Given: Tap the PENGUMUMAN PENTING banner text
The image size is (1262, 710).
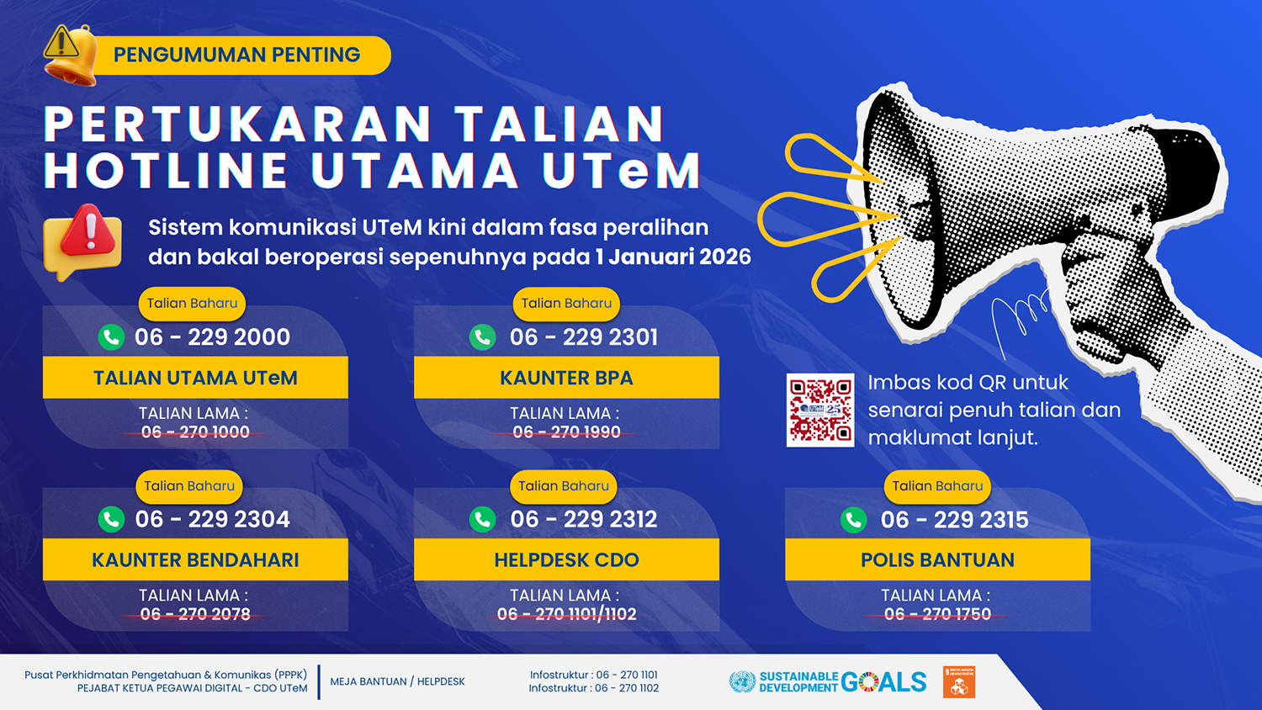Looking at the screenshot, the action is [x=236, y=55].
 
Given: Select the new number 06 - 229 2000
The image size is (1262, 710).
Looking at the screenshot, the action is [x=212, y=337].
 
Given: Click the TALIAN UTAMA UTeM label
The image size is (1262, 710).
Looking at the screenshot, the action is [x=195, y=378].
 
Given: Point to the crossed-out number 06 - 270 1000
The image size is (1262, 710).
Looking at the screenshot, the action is [x=195, y=432].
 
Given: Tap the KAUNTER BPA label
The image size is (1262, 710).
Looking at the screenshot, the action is [x=566, y=378].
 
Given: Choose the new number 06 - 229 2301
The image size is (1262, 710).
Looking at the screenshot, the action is [x=584, y=337].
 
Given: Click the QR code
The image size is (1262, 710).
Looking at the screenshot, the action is [x=819, y=410].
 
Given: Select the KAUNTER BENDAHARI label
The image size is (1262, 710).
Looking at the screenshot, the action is [x=195, y=559].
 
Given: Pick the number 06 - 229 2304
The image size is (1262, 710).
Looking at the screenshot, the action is [x=212, y=519].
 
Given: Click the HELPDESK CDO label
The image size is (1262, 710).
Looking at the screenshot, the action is [x=566, y=559].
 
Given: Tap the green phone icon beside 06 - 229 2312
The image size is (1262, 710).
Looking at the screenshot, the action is [x=483, y=519].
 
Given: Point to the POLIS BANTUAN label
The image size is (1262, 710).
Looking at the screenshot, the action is [x=937, y=559].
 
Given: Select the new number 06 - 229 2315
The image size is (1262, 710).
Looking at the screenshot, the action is [x=954, y=520].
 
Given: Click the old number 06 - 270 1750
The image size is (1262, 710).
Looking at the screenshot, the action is [x=937, y=614].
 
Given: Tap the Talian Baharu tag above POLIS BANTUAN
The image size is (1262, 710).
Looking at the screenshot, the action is [x=937, y=485].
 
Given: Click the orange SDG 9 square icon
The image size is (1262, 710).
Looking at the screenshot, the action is [x=959, y=682].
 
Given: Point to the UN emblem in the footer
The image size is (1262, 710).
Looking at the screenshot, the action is [x=742, y=682].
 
